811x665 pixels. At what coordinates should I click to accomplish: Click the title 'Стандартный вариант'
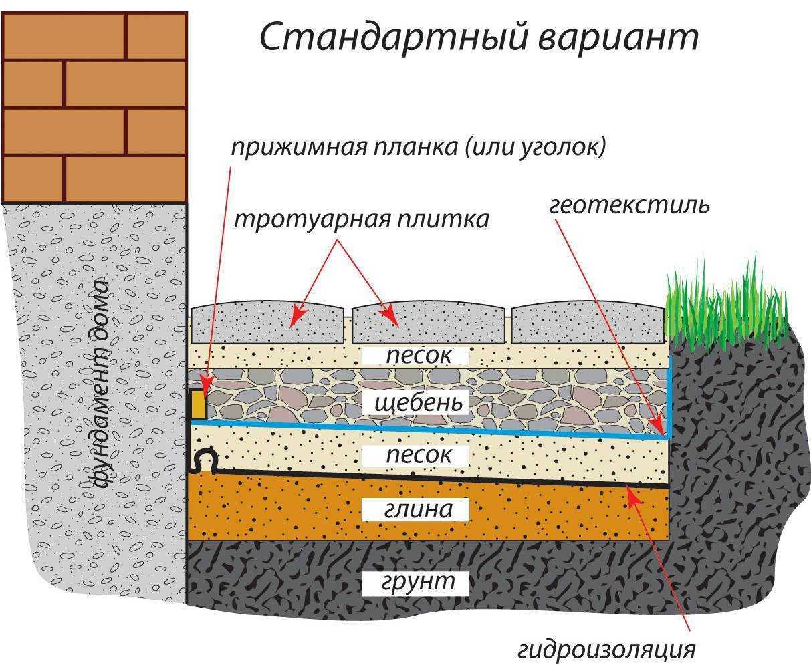click(479, 38)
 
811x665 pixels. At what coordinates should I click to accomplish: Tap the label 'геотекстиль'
click(629, 205)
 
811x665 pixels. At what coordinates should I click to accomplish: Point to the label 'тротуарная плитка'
click(362, 219)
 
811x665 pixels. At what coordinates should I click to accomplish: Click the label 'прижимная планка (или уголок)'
click(419, 147)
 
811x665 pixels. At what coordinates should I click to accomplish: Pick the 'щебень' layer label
click(419, 403)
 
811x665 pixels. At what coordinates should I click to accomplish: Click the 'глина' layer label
click(417, 509)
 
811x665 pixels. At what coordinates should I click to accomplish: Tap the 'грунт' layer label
click(417, 581)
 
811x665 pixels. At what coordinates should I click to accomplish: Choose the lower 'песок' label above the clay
click(417, 456)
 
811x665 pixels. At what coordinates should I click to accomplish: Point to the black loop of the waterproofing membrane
click(204, 460)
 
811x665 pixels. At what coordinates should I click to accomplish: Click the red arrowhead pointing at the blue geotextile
click(659, 428)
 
